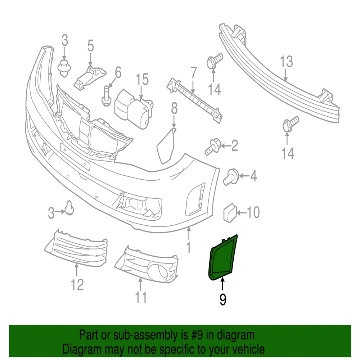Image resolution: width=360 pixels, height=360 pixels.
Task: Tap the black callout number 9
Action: pyautogui.click(x=223, y=300)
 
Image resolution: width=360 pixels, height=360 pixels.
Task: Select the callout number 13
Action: pyautogui.click(x=287, y=62)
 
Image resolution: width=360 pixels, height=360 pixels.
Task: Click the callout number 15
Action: pyautogui.click(x=142, y=79)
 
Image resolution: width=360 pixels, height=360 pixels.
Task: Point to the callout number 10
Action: pyautogui.click(x=253, y=213)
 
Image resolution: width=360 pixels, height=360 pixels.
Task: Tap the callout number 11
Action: pyautogui.click(x=141, y=297)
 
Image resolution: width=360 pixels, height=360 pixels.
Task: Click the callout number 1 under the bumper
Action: pyautogui.click(x=188, y=247)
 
